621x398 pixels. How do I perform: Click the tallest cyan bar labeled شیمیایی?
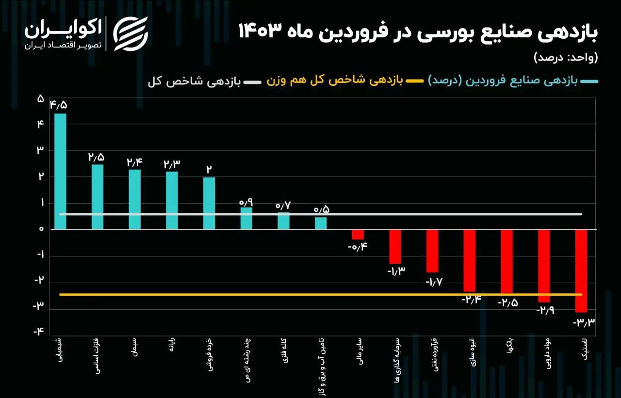(x=60, y=171)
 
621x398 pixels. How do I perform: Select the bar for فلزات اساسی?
(x=98, y=196)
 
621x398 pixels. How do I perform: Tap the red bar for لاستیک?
(x=581, y=271)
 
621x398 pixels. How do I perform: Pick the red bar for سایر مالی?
(x=358, y=235)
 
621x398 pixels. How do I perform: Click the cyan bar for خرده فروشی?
(x=209, y=203)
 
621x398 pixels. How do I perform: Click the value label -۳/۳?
(x=584, y=322)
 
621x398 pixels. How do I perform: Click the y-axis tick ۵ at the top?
(x=41, y=99)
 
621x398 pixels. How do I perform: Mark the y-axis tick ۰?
(x=41, y=229)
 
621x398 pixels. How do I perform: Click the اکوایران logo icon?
(x=130, y=33)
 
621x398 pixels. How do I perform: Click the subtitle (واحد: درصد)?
(x=566, y=57)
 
